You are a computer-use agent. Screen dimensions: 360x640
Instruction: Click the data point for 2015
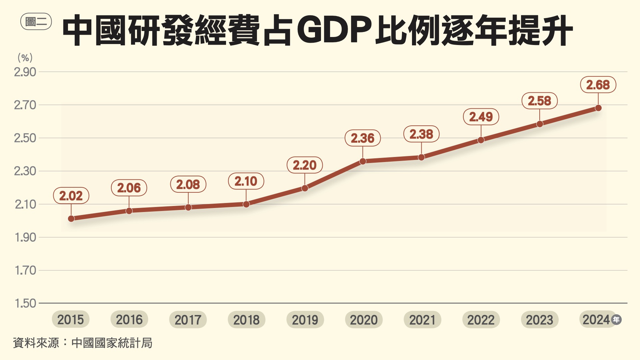(71, 219)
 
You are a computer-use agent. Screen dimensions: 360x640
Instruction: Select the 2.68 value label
(598, 85)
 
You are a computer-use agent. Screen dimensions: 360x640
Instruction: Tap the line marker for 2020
(363, 161)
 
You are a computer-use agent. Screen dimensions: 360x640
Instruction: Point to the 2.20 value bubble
(305, 165)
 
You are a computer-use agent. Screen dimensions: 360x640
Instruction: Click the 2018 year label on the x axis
(246, 320)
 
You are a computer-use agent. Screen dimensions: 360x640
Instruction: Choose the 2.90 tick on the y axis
(25, 72)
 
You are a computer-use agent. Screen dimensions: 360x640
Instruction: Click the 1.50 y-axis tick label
(25, 303)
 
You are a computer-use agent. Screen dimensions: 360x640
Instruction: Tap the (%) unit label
(25, 58)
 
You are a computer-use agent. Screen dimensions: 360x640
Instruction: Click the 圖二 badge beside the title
(36, 22)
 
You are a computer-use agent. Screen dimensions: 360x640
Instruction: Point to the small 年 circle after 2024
(616, 320)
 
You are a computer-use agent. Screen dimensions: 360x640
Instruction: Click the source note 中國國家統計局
(112, 343)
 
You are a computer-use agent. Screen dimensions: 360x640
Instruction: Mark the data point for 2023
(540, 124)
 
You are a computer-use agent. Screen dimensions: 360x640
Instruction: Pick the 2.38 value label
(421, 134)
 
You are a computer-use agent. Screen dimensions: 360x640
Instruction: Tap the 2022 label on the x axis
(481, 320)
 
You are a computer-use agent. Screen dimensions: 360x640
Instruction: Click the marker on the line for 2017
(188, 207)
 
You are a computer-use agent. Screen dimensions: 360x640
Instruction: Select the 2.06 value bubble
(129, 188)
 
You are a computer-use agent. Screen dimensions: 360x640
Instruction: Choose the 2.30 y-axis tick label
(25, 171)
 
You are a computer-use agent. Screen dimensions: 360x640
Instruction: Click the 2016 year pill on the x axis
(129, 320)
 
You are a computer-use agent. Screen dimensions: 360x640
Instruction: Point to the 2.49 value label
(481, 117)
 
